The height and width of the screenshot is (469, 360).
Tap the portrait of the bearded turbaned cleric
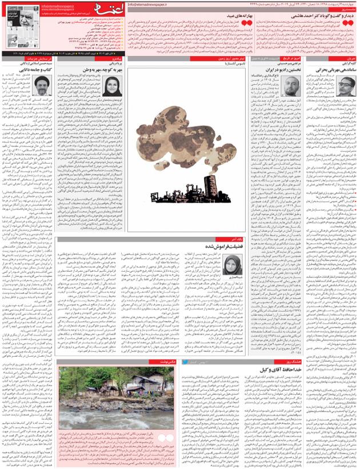(39, 86)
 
